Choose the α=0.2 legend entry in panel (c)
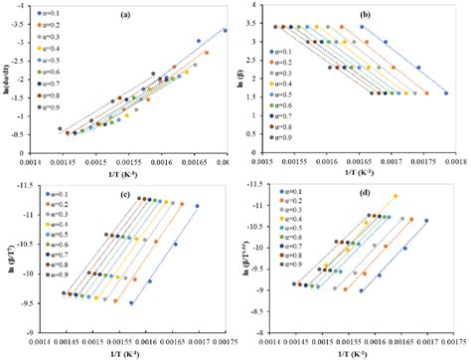click(47, 202)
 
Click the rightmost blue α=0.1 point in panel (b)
click(445, 93)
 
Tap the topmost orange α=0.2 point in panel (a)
click(207, 53)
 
